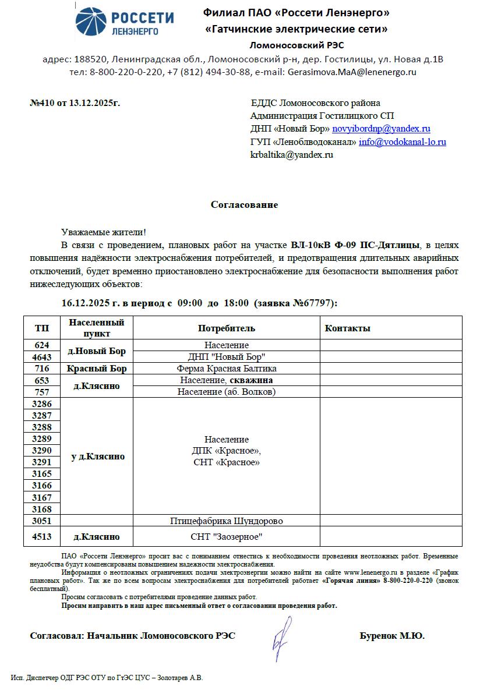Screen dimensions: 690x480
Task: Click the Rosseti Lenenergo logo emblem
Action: (x=91, y=23)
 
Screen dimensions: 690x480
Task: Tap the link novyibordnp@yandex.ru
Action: (x=381, y=129)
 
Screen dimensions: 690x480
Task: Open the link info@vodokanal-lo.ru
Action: (x=403, y=141)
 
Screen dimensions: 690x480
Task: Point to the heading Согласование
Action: (x=244, y=205)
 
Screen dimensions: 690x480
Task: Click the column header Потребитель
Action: (x=226, y=328)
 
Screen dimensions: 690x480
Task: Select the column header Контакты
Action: (x=347, y=328)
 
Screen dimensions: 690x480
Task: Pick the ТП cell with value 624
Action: (x=42, y=345)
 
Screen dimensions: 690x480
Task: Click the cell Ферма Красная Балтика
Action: (x=226, y=369)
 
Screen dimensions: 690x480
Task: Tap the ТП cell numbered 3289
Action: (x=42, y=438)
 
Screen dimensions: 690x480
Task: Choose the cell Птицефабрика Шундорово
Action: (x=226, y=521)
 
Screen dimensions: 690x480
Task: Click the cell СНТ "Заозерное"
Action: (x=226, y=536)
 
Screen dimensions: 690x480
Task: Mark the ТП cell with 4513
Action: (x=42, y=536)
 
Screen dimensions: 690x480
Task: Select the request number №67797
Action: (x=314, y=303)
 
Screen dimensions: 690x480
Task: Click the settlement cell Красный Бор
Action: (x=97, y=369)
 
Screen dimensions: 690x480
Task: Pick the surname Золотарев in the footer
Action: (x=169, y=678)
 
